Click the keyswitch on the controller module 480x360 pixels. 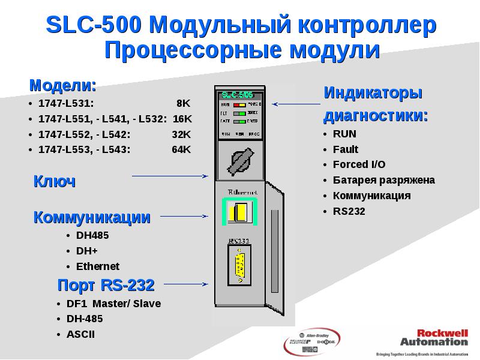[x=241, y=160]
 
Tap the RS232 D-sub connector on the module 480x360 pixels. [x=239, y=266]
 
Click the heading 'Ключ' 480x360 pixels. [x=54, y=182]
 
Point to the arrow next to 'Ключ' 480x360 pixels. [x=169, y=176]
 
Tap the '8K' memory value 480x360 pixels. [x=183, y=103]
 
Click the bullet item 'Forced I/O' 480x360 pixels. [x=359, y=164]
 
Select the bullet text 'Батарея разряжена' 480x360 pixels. [x=384, y=180]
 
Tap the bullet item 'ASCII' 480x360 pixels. [x=80, y=334]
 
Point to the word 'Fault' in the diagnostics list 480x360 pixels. [x=346, y=149]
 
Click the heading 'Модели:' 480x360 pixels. [x=63, y=85]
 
